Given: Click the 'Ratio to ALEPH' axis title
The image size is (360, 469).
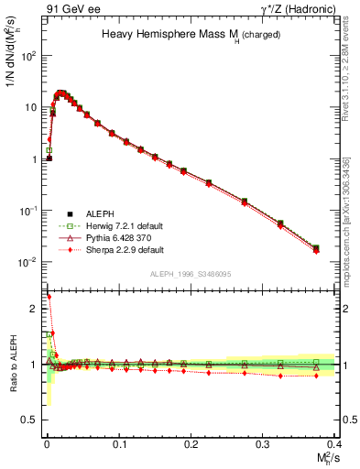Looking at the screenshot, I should (x=14, y=369).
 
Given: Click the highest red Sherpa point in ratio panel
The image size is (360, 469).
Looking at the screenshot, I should (x=49, y=297).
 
